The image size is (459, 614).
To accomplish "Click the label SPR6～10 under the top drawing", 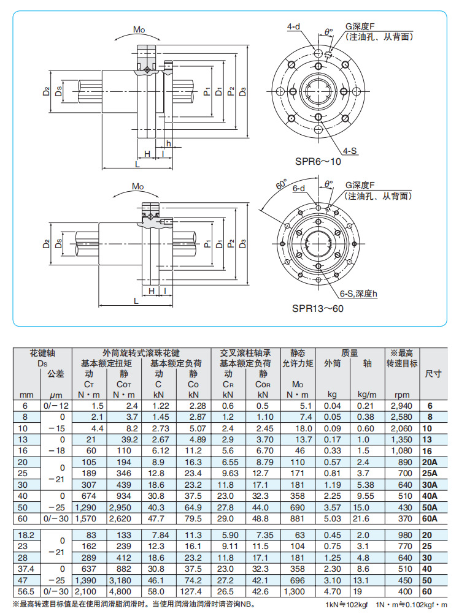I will tap(317, 161).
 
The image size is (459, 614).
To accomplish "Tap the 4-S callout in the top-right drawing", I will tap(351, 150).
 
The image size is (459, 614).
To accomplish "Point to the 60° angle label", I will tap(282, 184).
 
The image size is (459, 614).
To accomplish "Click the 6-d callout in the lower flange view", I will tap(299, 189).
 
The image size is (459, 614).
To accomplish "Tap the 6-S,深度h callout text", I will tap(358, 294).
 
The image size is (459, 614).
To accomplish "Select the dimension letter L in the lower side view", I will tap(134, 300).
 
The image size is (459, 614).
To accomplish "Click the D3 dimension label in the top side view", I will tap(244, 92).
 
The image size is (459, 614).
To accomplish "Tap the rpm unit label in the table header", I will tap(402, 395).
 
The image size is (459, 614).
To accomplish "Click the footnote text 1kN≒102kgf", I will tap(347, 605).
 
